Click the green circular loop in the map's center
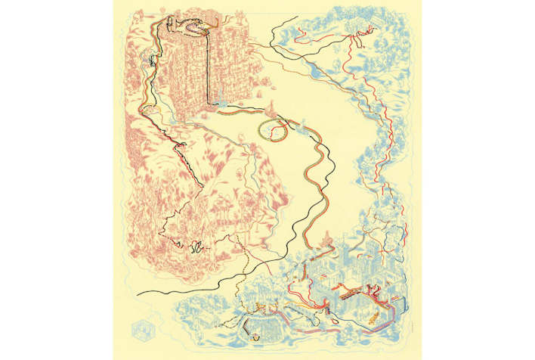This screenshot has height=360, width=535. click(272, 130)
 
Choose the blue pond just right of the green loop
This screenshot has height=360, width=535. click(300, 130)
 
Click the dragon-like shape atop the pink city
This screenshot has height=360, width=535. click(194, 29)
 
